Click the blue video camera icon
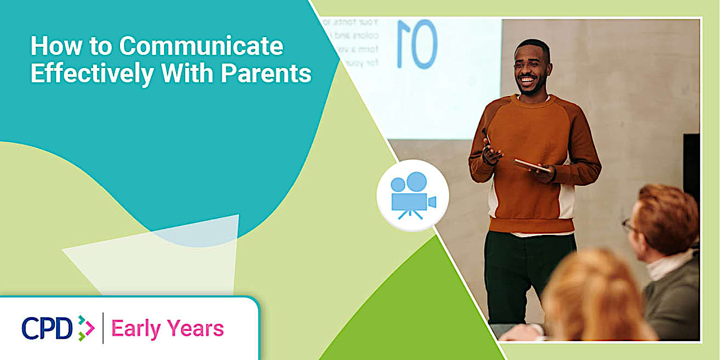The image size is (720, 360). [413, 195]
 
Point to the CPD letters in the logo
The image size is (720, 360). [47, 329]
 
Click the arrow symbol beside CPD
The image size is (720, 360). [86, 328]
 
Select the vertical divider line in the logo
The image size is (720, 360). [103, 328]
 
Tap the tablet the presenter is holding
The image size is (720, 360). [531, 165]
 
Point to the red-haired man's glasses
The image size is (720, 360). [629, 225]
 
